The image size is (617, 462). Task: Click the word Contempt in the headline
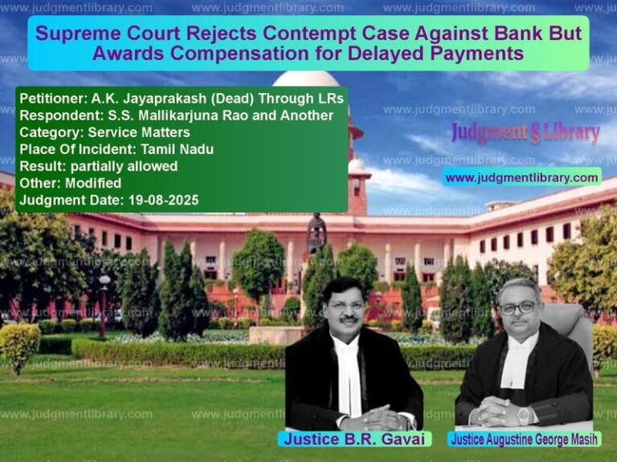tap(308, 34)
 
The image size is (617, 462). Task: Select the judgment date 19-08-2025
tap(164, 200)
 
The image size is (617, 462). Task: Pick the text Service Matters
tap(139, 132)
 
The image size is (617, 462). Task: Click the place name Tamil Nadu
tap(177, 149)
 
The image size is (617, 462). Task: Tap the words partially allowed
tap(124, 166)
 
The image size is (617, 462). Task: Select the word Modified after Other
tap(93, 183)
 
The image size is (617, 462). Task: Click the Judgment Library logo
tap(525, 132)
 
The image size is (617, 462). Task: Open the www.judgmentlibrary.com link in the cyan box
tap(521, 177)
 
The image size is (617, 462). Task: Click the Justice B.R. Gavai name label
tap(354, 440)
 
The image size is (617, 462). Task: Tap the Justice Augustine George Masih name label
tap(524, 440)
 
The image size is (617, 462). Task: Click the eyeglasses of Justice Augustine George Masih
tap(520, 308)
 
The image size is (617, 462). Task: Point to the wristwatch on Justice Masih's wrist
tap(524, 415)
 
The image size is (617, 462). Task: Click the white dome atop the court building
tap(306, 79)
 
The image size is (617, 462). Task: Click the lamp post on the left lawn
tap(104, 306)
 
